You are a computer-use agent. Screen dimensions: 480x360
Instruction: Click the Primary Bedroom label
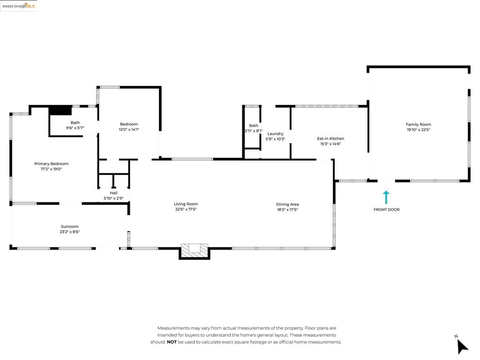point(51,164)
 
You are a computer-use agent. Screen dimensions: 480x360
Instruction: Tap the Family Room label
point(419,124)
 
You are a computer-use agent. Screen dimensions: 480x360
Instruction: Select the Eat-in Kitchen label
point(330,139)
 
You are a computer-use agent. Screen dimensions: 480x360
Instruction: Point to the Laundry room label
point(275,134)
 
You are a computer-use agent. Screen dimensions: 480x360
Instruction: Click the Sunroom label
point(69,226)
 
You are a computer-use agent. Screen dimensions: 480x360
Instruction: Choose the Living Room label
point(186,204)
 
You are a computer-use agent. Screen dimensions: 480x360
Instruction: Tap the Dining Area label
point(287,204)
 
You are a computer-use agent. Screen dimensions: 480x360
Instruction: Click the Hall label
point(113,193)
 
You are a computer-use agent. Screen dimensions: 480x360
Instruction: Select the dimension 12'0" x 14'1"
point(129,129)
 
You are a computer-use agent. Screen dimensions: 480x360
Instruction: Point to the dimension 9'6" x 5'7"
point(75,128)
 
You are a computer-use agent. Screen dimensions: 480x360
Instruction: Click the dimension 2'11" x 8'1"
point(254,131)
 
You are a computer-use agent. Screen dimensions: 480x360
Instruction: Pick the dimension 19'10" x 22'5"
point(419,129)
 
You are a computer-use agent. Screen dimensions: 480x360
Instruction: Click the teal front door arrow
point(386,197)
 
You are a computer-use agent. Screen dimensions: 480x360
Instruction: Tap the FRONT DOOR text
point(387,210)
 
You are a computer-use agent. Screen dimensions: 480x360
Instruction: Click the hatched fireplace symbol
point(195,250)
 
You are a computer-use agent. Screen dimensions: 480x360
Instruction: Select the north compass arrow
point(462,347)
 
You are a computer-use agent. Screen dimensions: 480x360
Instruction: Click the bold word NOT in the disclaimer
point(172,342)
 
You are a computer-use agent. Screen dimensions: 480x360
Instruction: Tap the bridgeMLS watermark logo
point(19,6)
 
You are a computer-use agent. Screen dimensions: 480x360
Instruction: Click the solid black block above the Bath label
point(60,110)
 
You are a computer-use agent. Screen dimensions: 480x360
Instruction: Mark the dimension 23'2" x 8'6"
point(69,232)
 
